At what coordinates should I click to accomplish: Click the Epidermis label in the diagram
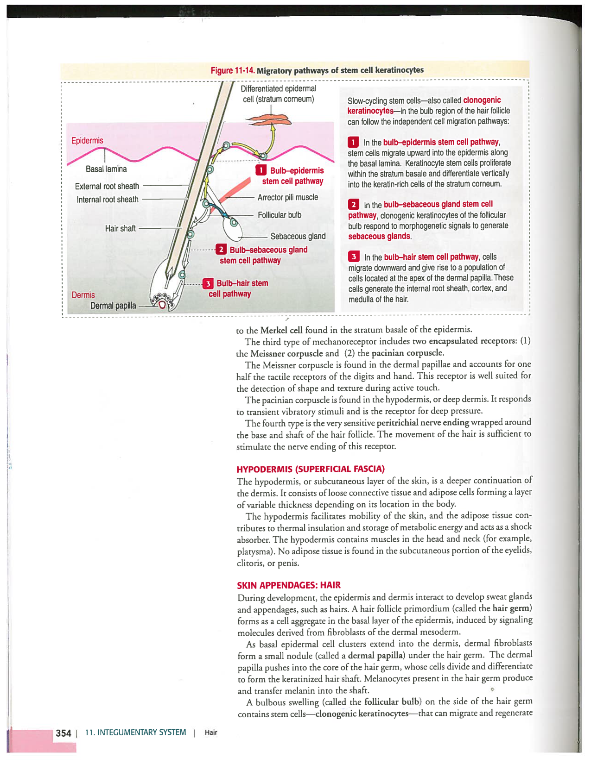pyautogui.click(x=87, y=140)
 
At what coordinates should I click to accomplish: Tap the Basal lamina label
pyautogui.click(x=106, y=169)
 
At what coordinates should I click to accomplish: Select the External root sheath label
pyautogui.click(x=107, y=186)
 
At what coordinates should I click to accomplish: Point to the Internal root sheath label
pyautogui.click(x=108, y=200)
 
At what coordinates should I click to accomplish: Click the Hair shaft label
pyautogui.click(x=120, y=228)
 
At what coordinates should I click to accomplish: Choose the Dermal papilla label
pyautogui.click(x=113, y=306)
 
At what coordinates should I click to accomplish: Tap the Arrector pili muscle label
pyautogui.click(x=287, y=197)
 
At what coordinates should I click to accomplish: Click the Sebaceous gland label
pyautogui.click(x=298, y=236)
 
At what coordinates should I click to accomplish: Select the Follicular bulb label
pyautogui.click(x=280, y=215)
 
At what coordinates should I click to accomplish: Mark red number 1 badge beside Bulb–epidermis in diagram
pyautogui.click(x=261, y=170)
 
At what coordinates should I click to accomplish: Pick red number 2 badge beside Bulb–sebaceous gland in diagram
pyautogui.click(x=221, y=250)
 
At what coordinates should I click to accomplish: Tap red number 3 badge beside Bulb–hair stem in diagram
pyautogui.click(x=208, y=283)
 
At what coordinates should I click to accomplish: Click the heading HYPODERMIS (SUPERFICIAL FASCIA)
pyautogui.click(x=310, y=469)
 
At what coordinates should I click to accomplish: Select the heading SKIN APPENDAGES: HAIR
pyautogui.click(x=288, y=585)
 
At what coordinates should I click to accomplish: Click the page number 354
pyautogui.click(x=63, y=733)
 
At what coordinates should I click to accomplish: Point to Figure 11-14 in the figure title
pyautogui.click(x=232, y=70)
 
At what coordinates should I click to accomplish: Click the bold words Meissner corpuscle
pyautogui.click(x=286, y=353)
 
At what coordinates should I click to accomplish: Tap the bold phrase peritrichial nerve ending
pyautogui.click(x=423, y=422)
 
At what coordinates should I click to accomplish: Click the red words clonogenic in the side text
pyautogui.click(x=482, y=100)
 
